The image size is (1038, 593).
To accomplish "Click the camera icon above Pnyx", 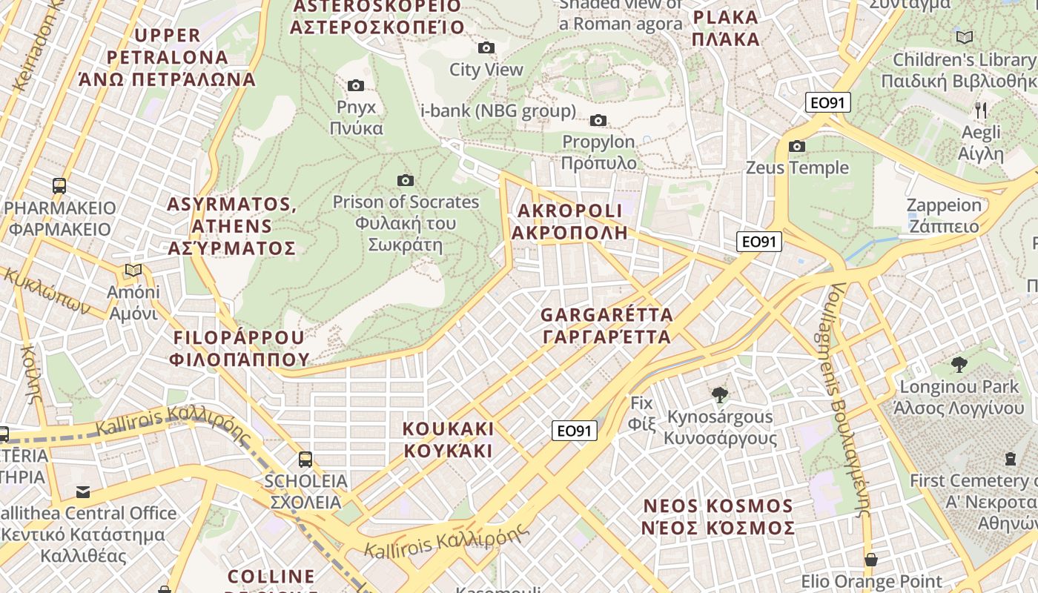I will click(x=356, y=86).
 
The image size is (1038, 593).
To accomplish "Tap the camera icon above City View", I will click(x=486, y=48).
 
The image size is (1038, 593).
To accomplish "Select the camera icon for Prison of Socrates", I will click(x=405, y=180).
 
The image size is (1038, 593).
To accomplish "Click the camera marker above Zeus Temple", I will click(x=797, y=146).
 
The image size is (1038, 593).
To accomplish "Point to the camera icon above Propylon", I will click(x=598, y=120).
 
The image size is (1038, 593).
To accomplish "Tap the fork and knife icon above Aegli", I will click(x=981, y=110).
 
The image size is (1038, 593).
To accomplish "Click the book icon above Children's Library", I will click(x=964, y=37).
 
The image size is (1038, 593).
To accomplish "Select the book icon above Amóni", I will click(x=133, y=271).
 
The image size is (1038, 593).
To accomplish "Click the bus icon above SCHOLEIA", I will click(x=305, y=459).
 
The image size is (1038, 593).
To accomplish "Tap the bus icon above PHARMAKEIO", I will click(x=59, y=186).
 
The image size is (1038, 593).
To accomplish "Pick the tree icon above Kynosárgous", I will click(x=718, y=394).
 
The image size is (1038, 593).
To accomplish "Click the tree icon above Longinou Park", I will click(x=959, y=364).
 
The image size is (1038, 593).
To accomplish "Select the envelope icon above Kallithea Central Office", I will click(x=83, y=491).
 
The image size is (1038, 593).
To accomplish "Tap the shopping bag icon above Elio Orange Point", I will click(x=871, y=559).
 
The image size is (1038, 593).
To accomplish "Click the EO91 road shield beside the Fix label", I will click(x=575, y=431).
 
